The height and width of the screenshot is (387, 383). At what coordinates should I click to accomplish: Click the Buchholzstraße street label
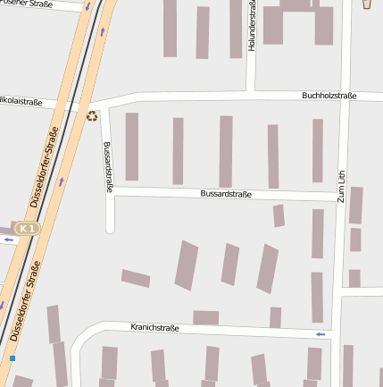[x=329, y=95]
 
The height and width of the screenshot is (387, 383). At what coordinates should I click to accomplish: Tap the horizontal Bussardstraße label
[x=226, y=193]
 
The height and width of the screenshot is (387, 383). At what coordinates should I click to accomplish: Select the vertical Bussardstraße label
[x=107, y=167]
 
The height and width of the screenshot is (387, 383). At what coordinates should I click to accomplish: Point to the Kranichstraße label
[x=154, y=328]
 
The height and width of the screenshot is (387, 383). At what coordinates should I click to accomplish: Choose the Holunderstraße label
[x=252, y=26]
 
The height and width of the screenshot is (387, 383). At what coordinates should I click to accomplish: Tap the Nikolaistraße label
[x=20, y=102]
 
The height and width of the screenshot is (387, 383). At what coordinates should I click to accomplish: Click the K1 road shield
[x=29, y=229]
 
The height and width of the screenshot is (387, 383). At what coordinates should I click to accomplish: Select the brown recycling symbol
[x=91, y=115]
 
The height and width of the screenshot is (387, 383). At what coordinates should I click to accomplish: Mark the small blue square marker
[x=12, y=358]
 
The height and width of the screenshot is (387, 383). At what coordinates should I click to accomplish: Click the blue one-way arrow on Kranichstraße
[x=321, y=334]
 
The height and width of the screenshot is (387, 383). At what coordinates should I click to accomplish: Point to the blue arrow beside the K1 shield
[x=8, y=240]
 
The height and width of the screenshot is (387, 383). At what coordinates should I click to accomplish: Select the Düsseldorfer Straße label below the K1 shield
[x=25, y=301]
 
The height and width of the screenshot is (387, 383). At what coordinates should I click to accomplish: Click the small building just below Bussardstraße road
[x=279, y=215]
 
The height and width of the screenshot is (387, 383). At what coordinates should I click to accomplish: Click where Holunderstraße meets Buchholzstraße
[x=251, y=93]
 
